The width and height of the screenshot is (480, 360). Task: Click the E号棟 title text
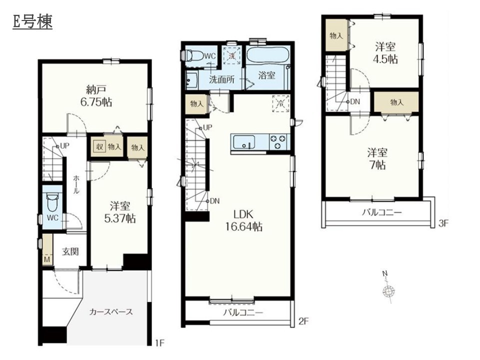click(x=32, y=21)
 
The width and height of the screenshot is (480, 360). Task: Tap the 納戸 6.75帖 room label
click(x=96, y=96)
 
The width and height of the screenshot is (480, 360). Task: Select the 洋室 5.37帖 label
click(x=120, y=212)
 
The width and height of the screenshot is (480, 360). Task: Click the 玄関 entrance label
click(x=70, y=251)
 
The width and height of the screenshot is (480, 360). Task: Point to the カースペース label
click(x=111, y=312)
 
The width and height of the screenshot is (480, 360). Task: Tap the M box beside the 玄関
click(x=47, y=260)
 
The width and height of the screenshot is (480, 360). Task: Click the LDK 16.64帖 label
click(x=243, y=220)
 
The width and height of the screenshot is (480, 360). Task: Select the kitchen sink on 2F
click(x=244, y=142)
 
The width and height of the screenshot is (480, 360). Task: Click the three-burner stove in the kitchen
click(x=279, y=141)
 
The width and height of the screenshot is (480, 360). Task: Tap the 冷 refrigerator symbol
click(x=280, y=103)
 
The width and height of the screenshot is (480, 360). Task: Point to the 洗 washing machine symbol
click(x=232, y=55)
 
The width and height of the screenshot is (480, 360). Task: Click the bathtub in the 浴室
click(x=268, y=55)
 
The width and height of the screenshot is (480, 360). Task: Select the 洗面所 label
click(x=222, y=79)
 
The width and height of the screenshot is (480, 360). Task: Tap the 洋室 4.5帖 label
click(x=385, y=52)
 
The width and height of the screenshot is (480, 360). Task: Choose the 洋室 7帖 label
click(x=377, y=158)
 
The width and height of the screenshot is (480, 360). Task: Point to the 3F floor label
click(x=443, y=223)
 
